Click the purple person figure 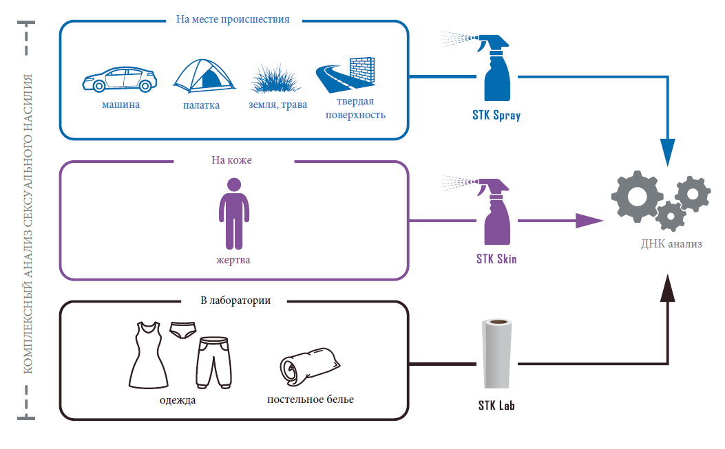[x=234, y=213]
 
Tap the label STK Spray [x=496, y=116]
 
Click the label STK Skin [x=496, y=259]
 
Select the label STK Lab [x=496, y=406]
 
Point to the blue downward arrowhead [x=668, y=151]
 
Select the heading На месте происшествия [x=233, y=19]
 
